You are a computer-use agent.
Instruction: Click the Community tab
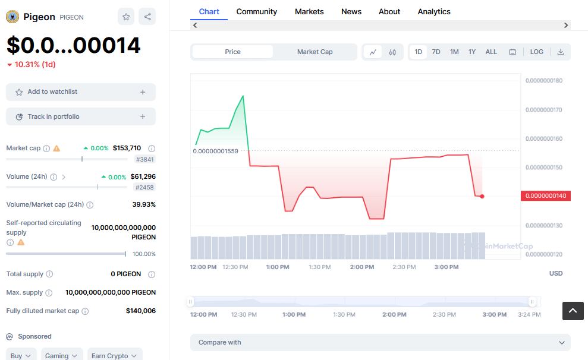pyautogui.click(x=256, y=11)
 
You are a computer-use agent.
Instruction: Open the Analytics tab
pyautogui.click(x=434, y=11)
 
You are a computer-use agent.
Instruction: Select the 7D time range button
pyautogui.click(x=436, y=52)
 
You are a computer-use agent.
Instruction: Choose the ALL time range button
pyautogui.click(x=491, y=52)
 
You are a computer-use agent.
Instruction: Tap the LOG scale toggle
pyautogui.click(x=536, y=52)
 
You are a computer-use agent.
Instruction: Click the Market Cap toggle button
pyautogui.click(x=315, y=52)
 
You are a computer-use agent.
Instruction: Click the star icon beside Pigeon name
pyautogui.click(x=126, y=17)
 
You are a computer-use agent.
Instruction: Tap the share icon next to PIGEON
pyautogui.click(x=147, y=17)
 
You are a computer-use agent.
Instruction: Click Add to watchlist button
pyautogui.click(x=81, y=92)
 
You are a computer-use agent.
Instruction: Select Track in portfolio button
pyautogui.click(x=81, y=116)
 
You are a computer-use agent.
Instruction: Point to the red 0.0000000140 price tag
pyautogui.click(x=545, y=196)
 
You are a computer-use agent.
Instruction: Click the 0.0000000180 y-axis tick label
pyautogui.click(x=543, y=81)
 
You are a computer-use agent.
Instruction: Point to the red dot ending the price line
pyautogui.click(x=482, y=196)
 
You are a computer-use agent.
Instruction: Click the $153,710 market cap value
pyautogui.click(x=127, y=148)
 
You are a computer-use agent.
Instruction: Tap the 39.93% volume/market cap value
pyautogui.click(x=144, y=204)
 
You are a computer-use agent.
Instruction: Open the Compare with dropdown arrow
pyautogui.click(x=562, y=343)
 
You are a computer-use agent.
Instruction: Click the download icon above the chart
pyautogui.click(x=561, y=52)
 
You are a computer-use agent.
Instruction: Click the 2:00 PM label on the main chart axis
pyautogui.click(x=361, y=267)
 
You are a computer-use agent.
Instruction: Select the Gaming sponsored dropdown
pyautogui.click(x=61, y=355)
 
